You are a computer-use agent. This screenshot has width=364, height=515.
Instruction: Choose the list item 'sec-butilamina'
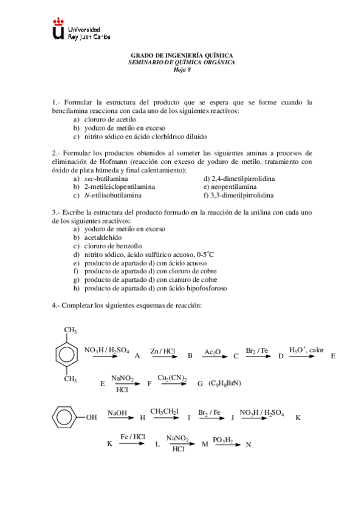pyautogui.click(x=106, y=179)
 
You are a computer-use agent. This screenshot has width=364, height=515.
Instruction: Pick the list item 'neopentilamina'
pyautogui.click(x=230, y=187)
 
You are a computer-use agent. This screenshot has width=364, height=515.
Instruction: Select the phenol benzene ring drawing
pyautogui.click(x=64, y=417)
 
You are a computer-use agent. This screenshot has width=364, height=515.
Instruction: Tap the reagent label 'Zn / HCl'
pyautogui.click(x=163, y=351)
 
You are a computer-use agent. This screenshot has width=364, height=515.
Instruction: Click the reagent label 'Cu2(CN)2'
pyautogui.click(x=172, y=378)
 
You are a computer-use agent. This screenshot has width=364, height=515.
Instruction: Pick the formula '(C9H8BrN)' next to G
pyautogui.click(x=225, y=383)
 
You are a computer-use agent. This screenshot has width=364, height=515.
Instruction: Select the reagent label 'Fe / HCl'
pyautogui.click(x=132, y=437)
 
